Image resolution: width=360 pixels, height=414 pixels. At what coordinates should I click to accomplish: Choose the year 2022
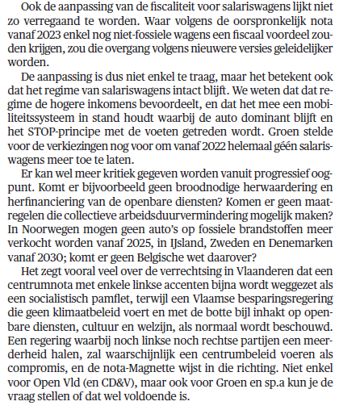pyautogui.click(x=212, y=149)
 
